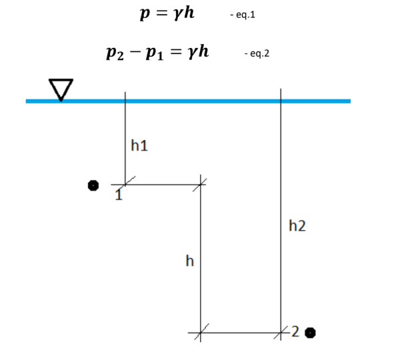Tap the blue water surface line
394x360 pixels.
[x=200, y=101]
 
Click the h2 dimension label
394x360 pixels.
[x=297, y=226]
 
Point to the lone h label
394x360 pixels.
[x=189, y=261]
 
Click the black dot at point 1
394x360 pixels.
[x=94, y=185]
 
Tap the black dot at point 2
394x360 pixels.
[x=310, y=332]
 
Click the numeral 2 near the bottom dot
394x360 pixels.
[x=296, y=331]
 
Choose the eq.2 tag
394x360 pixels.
[x=257, y=53]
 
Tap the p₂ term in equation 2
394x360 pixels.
[x=113, y=53]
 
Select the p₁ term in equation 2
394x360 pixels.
[x=153, y=53]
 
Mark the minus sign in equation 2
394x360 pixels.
[x=133, y=51]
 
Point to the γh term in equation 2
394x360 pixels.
[x=198, y=51]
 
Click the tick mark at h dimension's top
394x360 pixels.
[x=201, y=184]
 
